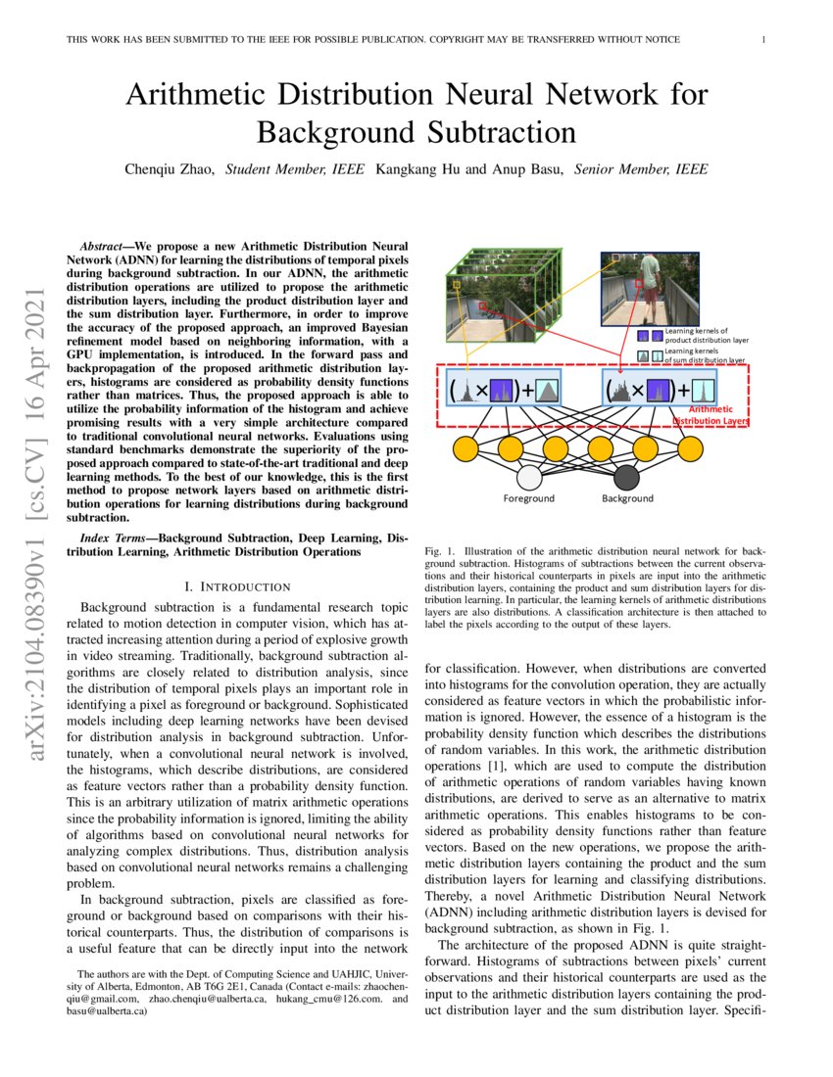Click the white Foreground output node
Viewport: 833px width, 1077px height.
[529, 478]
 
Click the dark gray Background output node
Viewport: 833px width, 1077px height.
[627, 478]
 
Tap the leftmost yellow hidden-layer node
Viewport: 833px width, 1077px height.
[465, 448]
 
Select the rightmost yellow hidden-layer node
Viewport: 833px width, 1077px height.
[691, 448]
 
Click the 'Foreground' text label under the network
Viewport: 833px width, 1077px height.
[529, 498]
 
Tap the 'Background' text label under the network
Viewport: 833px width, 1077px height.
[627, 498]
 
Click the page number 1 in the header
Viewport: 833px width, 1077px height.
[763, 40]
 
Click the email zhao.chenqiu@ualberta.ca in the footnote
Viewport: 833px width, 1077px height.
[207, 1000]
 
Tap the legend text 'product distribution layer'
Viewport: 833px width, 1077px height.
[706, 340]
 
